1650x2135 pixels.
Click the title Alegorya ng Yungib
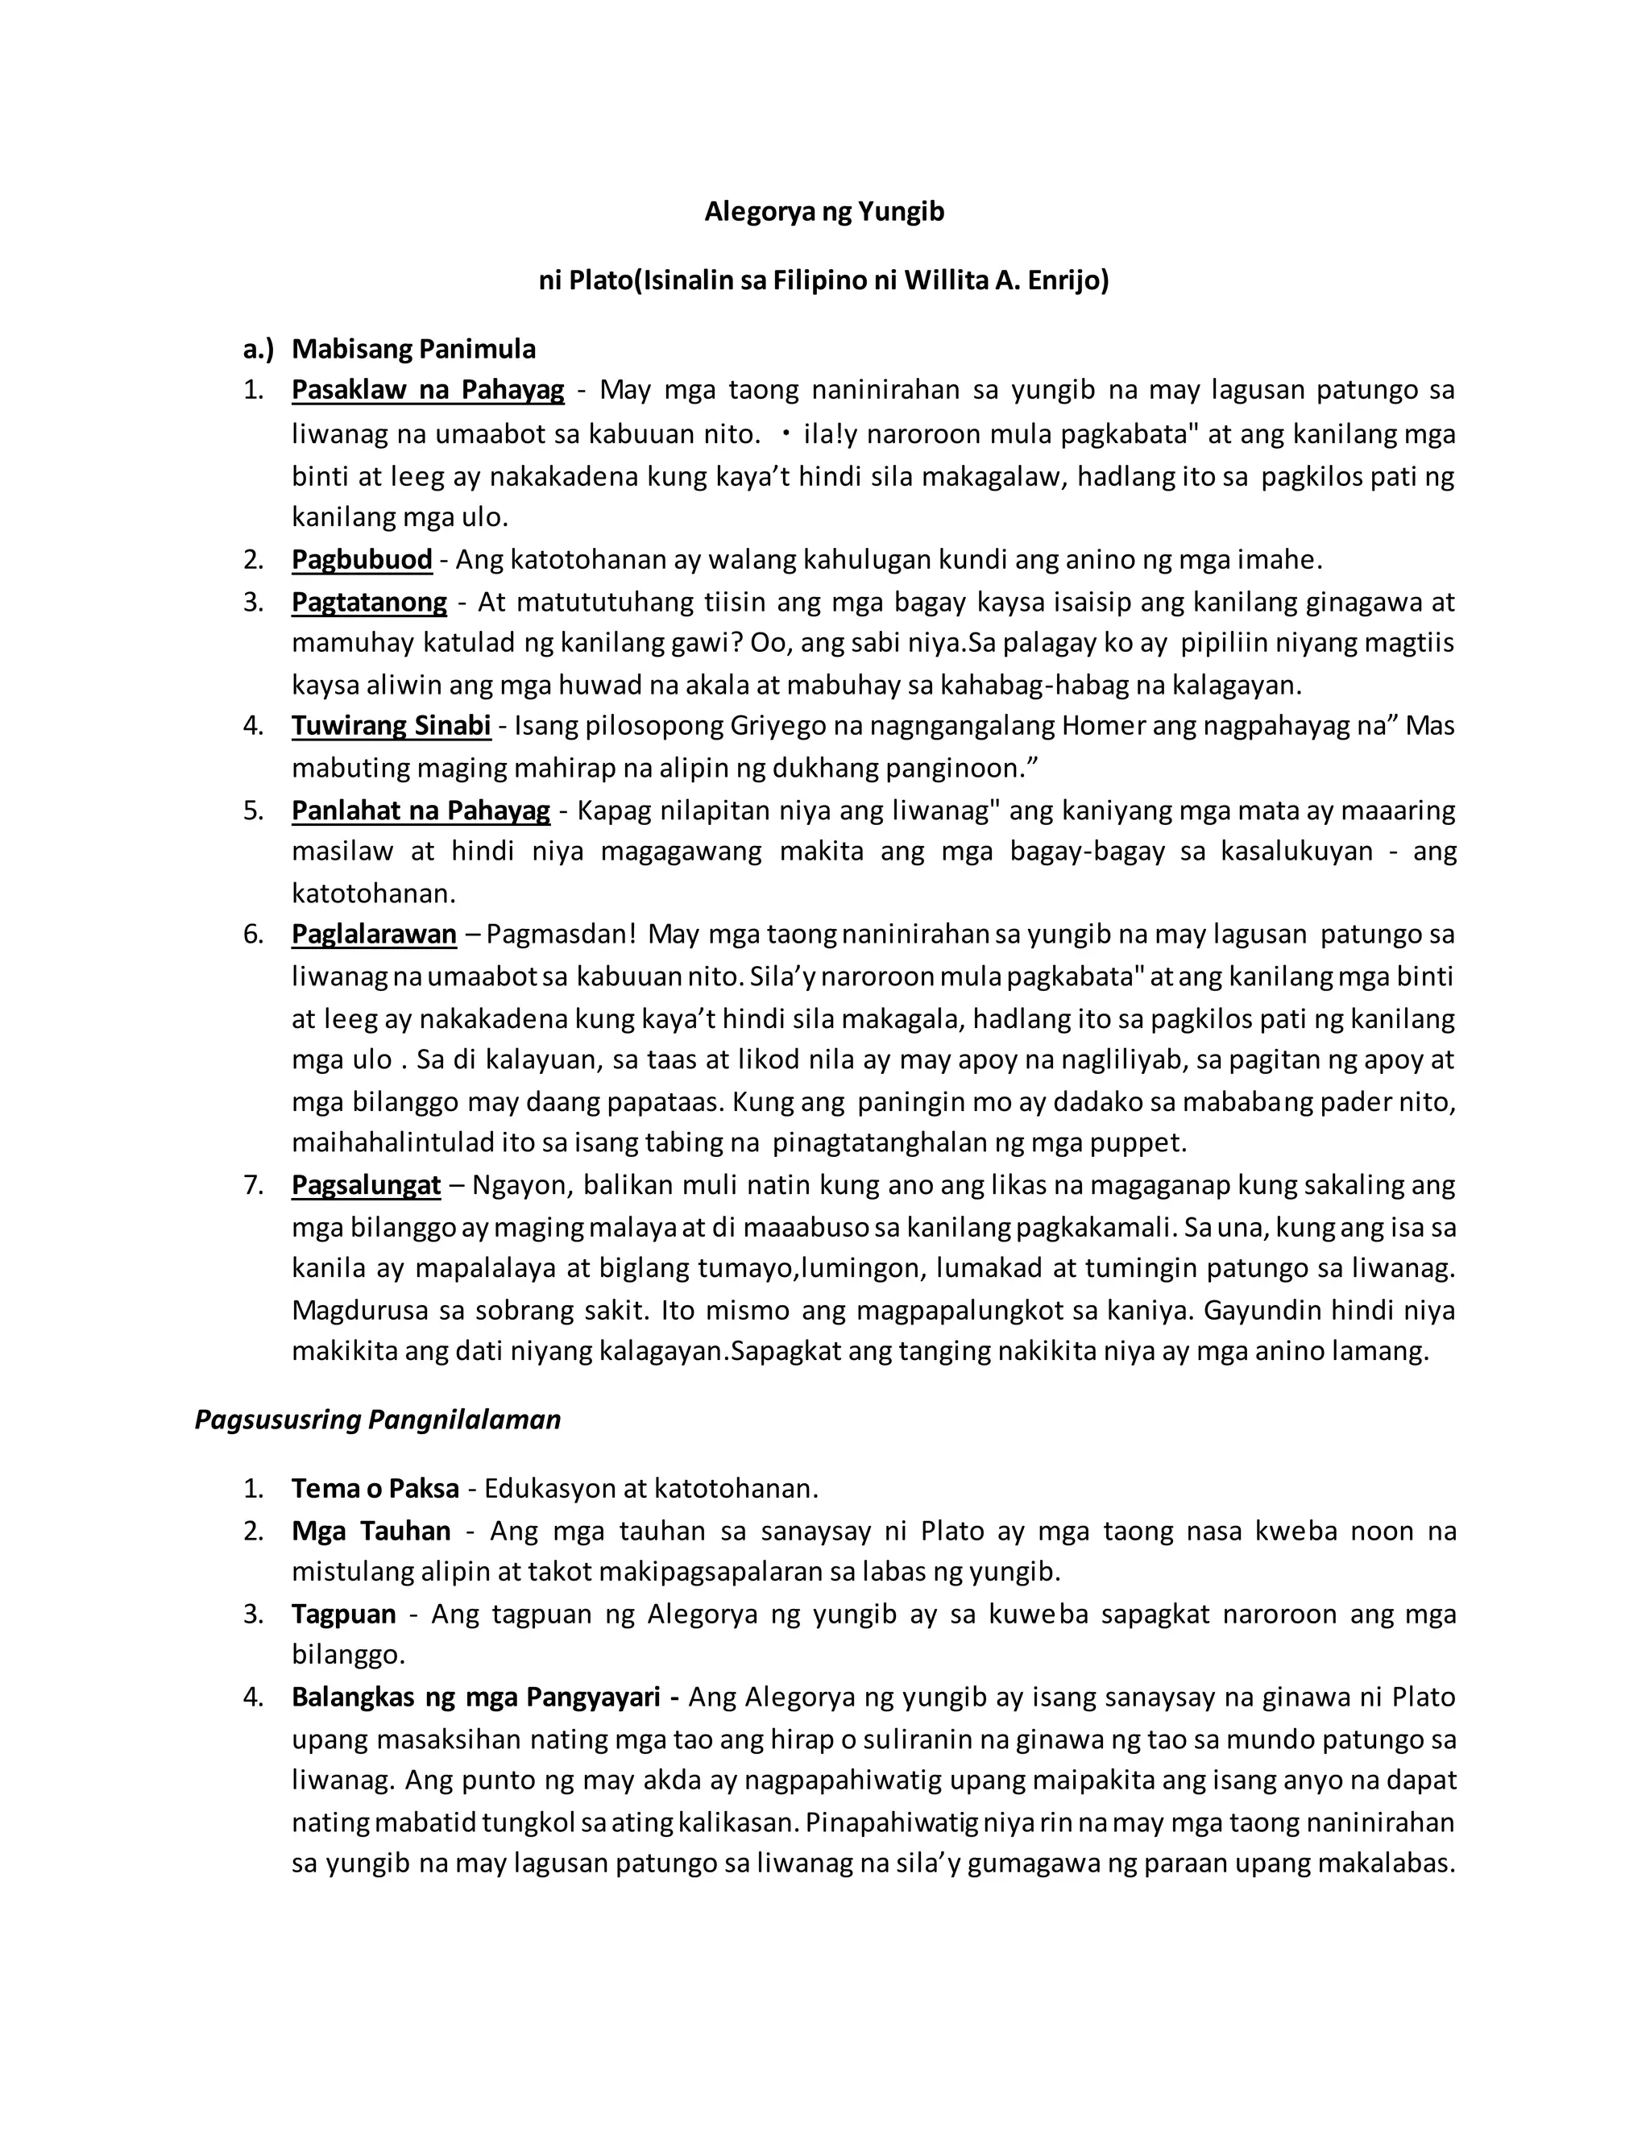[824, 211]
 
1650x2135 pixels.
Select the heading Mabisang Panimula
[413, 349]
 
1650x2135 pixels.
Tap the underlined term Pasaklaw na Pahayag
[427, 390]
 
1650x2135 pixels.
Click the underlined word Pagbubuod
[362, 559]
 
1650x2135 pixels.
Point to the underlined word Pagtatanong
[368, 601]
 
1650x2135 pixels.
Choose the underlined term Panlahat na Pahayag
[421, 810]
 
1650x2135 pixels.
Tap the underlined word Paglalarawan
[373, 934]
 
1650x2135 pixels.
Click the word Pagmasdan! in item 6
[561, 934]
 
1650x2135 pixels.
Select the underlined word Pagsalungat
[366, 1185]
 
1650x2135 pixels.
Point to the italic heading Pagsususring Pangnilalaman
[377, 1420]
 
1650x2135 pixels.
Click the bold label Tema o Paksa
[375, 1488]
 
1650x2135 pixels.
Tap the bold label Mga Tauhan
[371, 1530]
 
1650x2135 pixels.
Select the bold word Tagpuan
[343, 1613]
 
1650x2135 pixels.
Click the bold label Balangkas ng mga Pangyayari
[485, 1696]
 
